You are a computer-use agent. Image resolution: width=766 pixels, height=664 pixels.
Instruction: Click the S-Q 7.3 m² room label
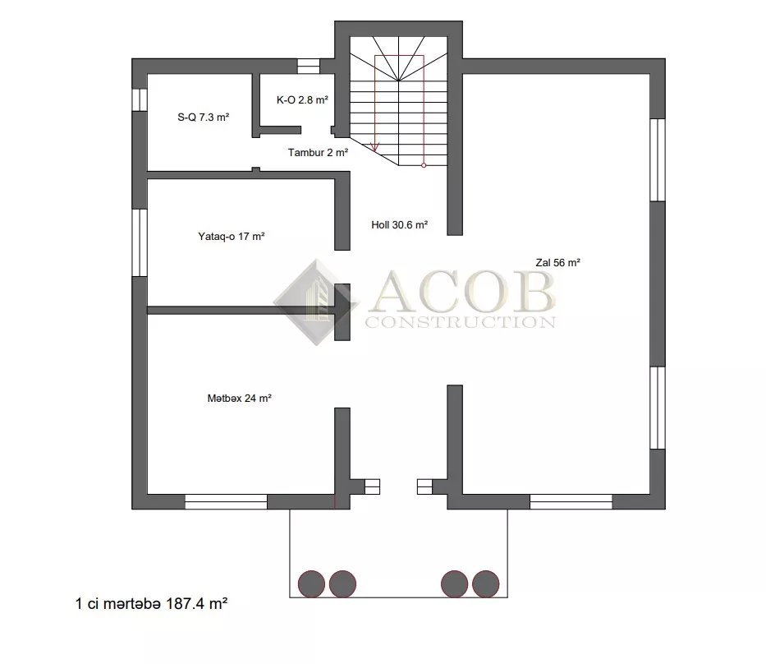(204, 118)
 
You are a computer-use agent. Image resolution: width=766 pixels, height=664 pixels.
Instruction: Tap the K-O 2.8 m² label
(302, 99)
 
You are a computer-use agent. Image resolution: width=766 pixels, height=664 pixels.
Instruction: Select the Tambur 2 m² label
(318, 153)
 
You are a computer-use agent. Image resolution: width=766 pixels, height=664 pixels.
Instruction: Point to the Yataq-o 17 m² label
(231, 236)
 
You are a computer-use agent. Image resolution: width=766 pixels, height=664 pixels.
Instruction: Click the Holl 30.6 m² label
(400, 225)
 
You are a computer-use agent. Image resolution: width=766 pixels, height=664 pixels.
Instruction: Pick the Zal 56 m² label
(558, 263)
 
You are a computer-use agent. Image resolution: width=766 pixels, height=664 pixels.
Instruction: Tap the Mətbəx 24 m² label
(240, 399)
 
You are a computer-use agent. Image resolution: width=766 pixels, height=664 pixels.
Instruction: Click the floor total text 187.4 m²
(197, 604)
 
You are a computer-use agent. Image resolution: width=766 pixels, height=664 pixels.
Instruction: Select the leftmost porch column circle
(312, 583)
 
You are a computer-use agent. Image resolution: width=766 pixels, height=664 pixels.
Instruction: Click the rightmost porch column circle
(485, 583)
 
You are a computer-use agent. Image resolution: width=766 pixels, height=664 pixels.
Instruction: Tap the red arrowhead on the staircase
(375, 146)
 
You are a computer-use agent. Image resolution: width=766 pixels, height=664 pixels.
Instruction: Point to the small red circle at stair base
(424, 165)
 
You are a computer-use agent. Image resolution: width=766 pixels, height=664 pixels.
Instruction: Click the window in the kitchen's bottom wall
(226, 501)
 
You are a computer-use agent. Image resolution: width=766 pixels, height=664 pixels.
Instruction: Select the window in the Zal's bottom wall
(571, 501)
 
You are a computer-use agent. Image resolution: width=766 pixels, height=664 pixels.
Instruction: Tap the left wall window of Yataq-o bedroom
(140, 242)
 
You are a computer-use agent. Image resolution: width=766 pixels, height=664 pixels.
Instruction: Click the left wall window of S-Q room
(140, 99)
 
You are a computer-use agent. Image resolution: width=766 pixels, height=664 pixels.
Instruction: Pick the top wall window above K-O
(309, 66)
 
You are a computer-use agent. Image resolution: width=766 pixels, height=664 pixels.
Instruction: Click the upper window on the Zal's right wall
(658, 160)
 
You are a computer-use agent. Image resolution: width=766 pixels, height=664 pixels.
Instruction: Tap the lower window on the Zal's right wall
(658, 408)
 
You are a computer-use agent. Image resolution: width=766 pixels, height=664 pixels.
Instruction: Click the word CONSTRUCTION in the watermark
(461, 322)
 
